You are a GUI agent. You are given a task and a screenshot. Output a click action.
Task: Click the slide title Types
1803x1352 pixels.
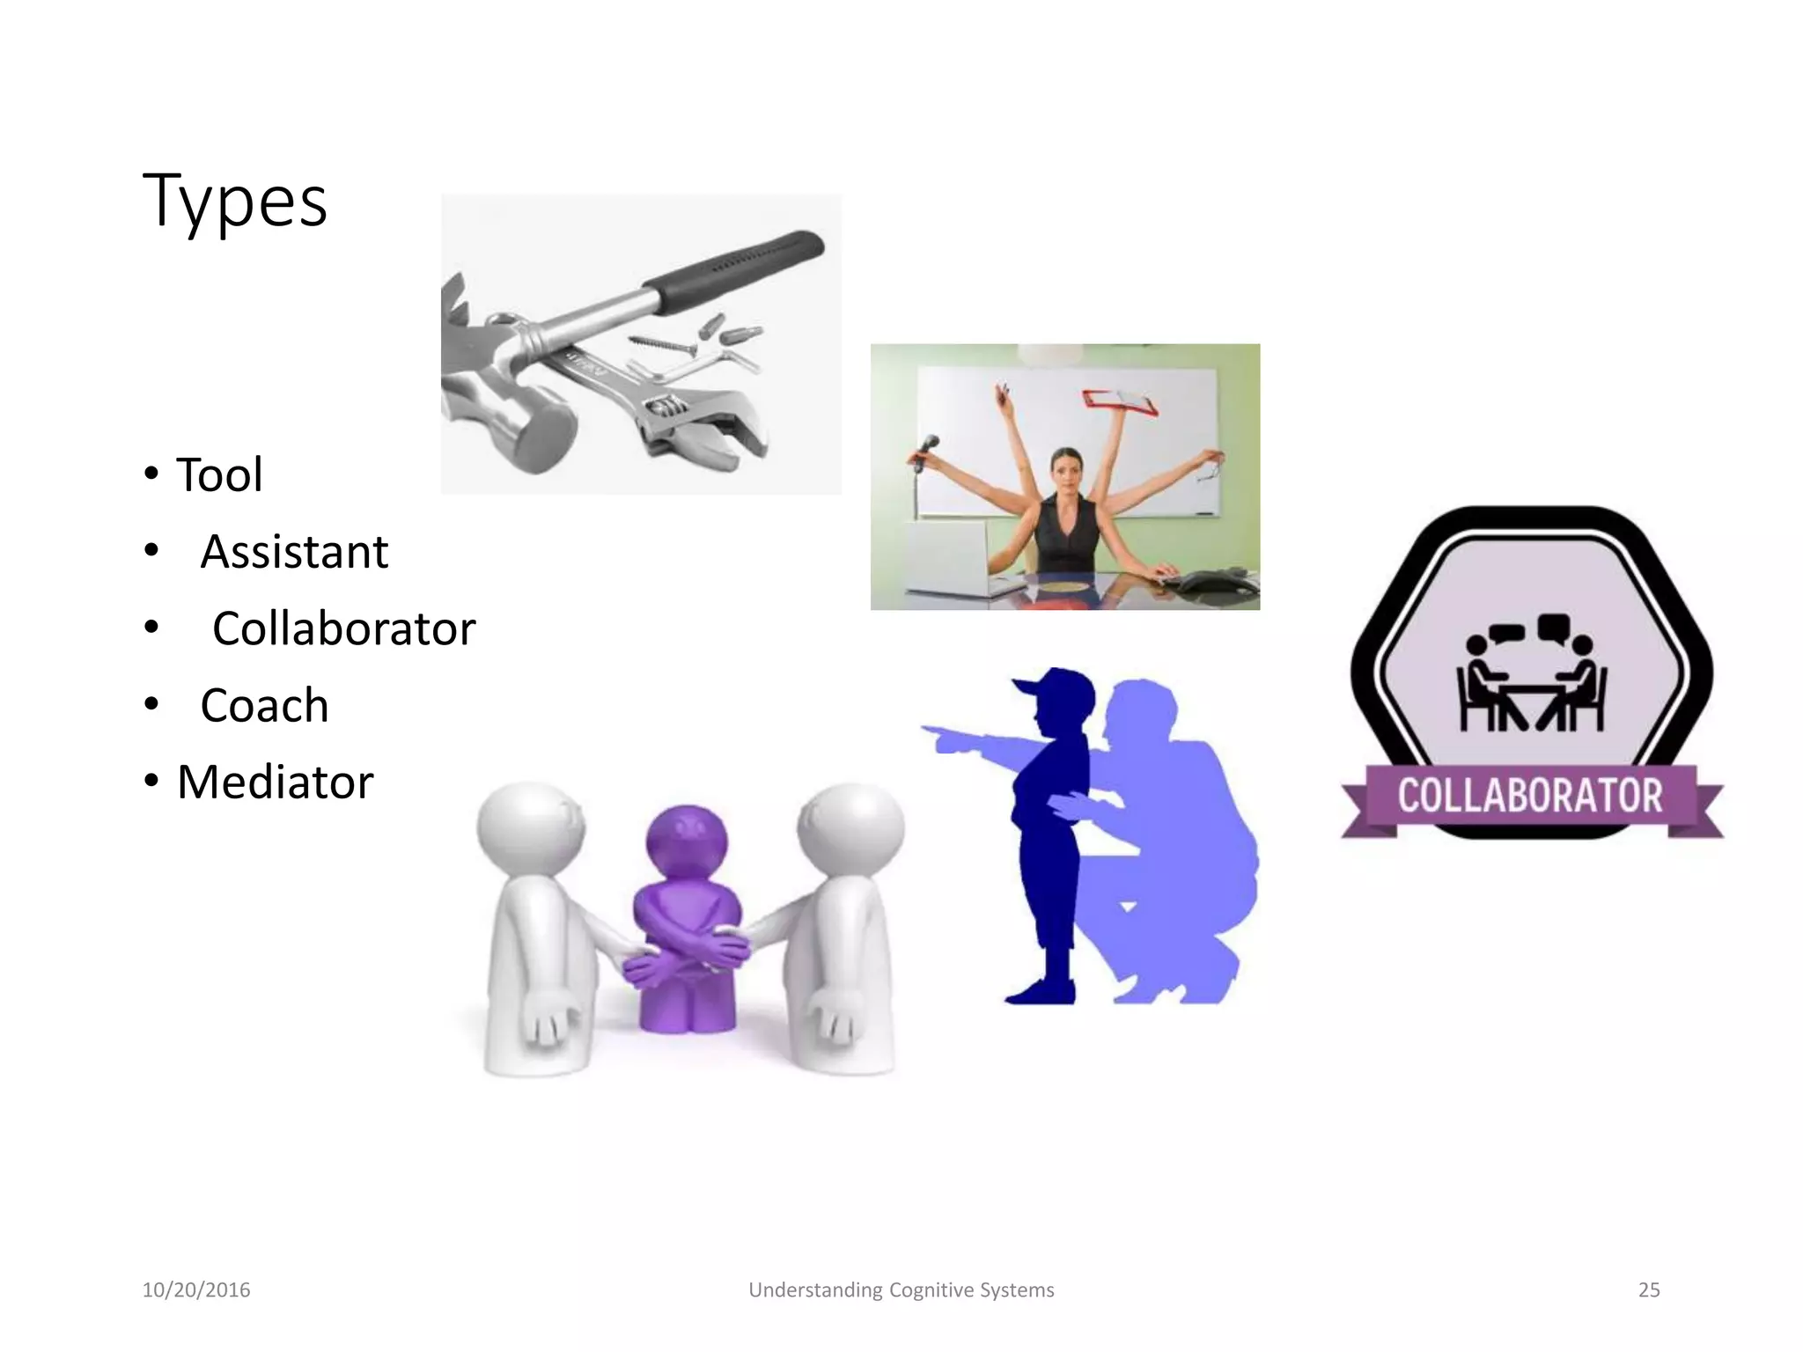[235, 202]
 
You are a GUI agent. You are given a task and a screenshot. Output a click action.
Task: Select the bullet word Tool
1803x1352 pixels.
[219, 475]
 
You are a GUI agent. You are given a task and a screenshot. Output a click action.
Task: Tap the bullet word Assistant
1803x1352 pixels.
[294, 553]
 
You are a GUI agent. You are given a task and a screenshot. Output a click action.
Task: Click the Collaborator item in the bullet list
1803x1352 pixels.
[343, 629]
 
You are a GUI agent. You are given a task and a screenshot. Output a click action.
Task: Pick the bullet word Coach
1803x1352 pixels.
[264, 706]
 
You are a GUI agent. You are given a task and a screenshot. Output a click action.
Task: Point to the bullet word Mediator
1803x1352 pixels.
[275, 783]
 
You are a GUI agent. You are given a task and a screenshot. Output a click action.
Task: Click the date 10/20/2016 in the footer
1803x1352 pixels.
[196, 1290]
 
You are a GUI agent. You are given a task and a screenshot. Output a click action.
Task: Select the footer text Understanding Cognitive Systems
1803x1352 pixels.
[901, 1290]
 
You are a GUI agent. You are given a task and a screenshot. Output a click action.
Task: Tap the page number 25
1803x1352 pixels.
[1648, 1290]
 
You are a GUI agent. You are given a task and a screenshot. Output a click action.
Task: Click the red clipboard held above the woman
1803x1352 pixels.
[1120, 401]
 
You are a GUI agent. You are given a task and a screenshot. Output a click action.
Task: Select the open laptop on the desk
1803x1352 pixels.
[946, 555]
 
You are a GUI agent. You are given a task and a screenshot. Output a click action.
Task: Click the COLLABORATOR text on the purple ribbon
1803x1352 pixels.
[1530, 796]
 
